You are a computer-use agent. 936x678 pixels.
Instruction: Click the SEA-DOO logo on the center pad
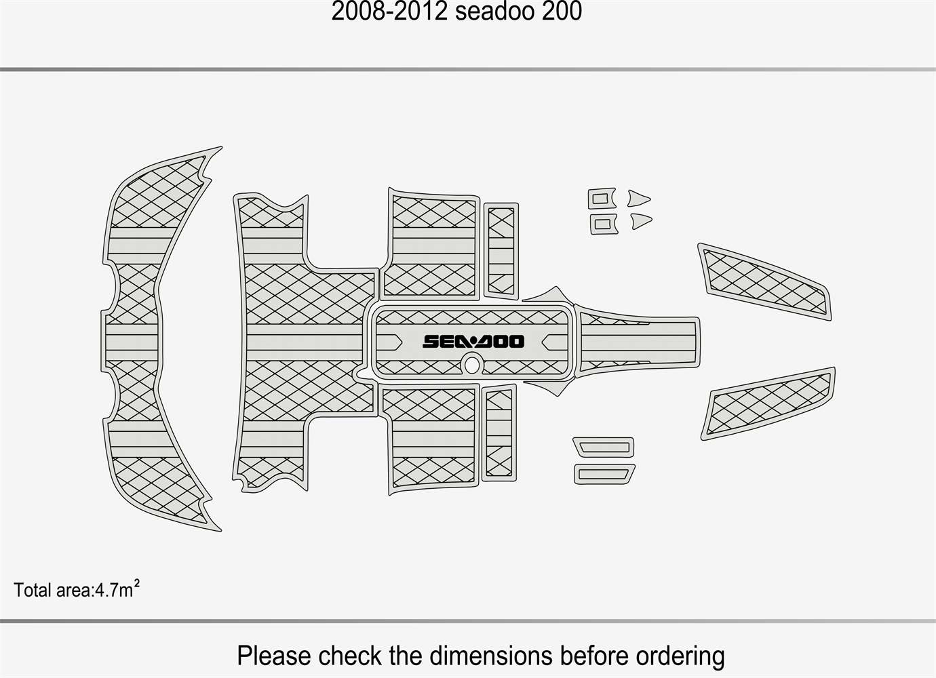473,341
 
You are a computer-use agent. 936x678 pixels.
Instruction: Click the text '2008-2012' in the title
389,12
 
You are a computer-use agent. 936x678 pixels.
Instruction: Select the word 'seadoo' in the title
494,12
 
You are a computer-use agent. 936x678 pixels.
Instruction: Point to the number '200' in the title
562,12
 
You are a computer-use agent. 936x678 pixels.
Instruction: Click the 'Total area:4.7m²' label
77,589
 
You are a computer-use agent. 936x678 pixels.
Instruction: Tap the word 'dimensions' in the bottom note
491,656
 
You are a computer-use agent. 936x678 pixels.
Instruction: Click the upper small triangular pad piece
638,199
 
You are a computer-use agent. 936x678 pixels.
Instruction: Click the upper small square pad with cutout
602,199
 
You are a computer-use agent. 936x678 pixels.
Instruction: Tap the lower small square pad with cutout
604,224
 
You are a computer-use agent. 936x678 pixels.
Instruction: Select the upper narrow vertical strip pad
501,251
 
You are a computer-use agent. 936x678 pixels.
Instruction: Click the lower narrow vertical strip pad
499,433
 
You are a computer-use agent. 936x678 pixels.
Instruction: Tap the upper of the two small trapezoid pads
604,447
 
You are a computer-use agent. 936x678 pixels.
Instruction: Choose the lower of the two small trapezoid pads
604,474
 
